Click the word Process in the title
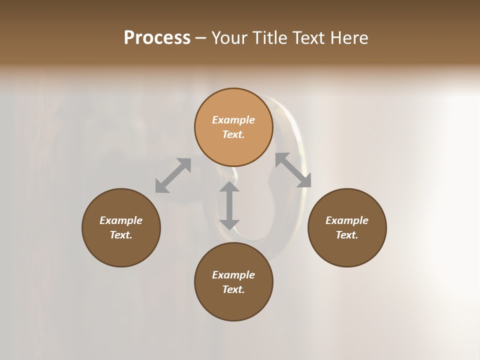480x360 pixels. pyautogui.click(x=157, y=38)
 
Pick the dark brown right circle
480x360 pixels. pyautogui.click(x=347, y=250)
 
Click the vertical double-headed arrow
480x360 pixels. pyautogui.click(x=229, y=205)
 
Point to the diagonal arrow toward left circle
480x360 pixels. pyautogui.click(x=173, y=175)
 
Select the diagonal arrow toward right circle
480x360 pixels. pyautogui.click(x=293, y=170)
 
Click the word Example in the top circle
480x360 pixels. pyautogui.click(x=233, y=120)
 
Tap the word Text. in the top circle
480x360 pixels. pyautogui.click(x=233, y=134)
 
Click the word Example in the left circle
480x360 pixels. pyautogui.click(x=121, y=220)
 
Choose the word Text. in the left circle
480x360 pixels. pyautogui.click(x=121, y=235)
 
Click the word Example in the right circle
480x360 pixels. pyautogui.click(x=347, y=220)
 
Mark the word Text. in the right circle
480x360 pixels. pyautogui.click(x=347, y=235)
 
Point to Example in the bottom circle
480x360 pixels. pyautogui.click(x=233, y=275)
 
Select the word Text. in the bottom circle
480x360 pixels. pyautogui.click(x=233, y=289)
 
